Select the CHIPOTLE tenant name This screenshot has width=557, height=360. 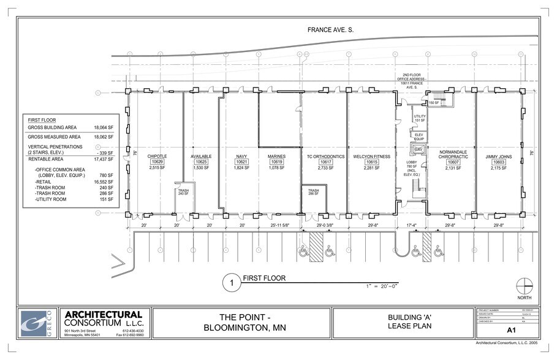pos(157,157)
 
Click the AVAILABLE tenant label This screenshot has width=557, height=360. pos(201,157)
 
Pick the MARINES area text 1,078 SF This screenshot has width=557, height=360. pos(277,167)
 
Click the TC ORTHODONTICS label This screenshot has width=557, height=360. pos(326,157)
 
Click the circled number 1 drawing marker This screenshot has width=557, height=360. pos(231,283)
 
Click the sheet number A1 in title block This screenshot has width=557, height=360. pos(510,330)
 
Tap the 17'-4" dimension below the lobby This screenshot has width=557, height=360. pos(411,226)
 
